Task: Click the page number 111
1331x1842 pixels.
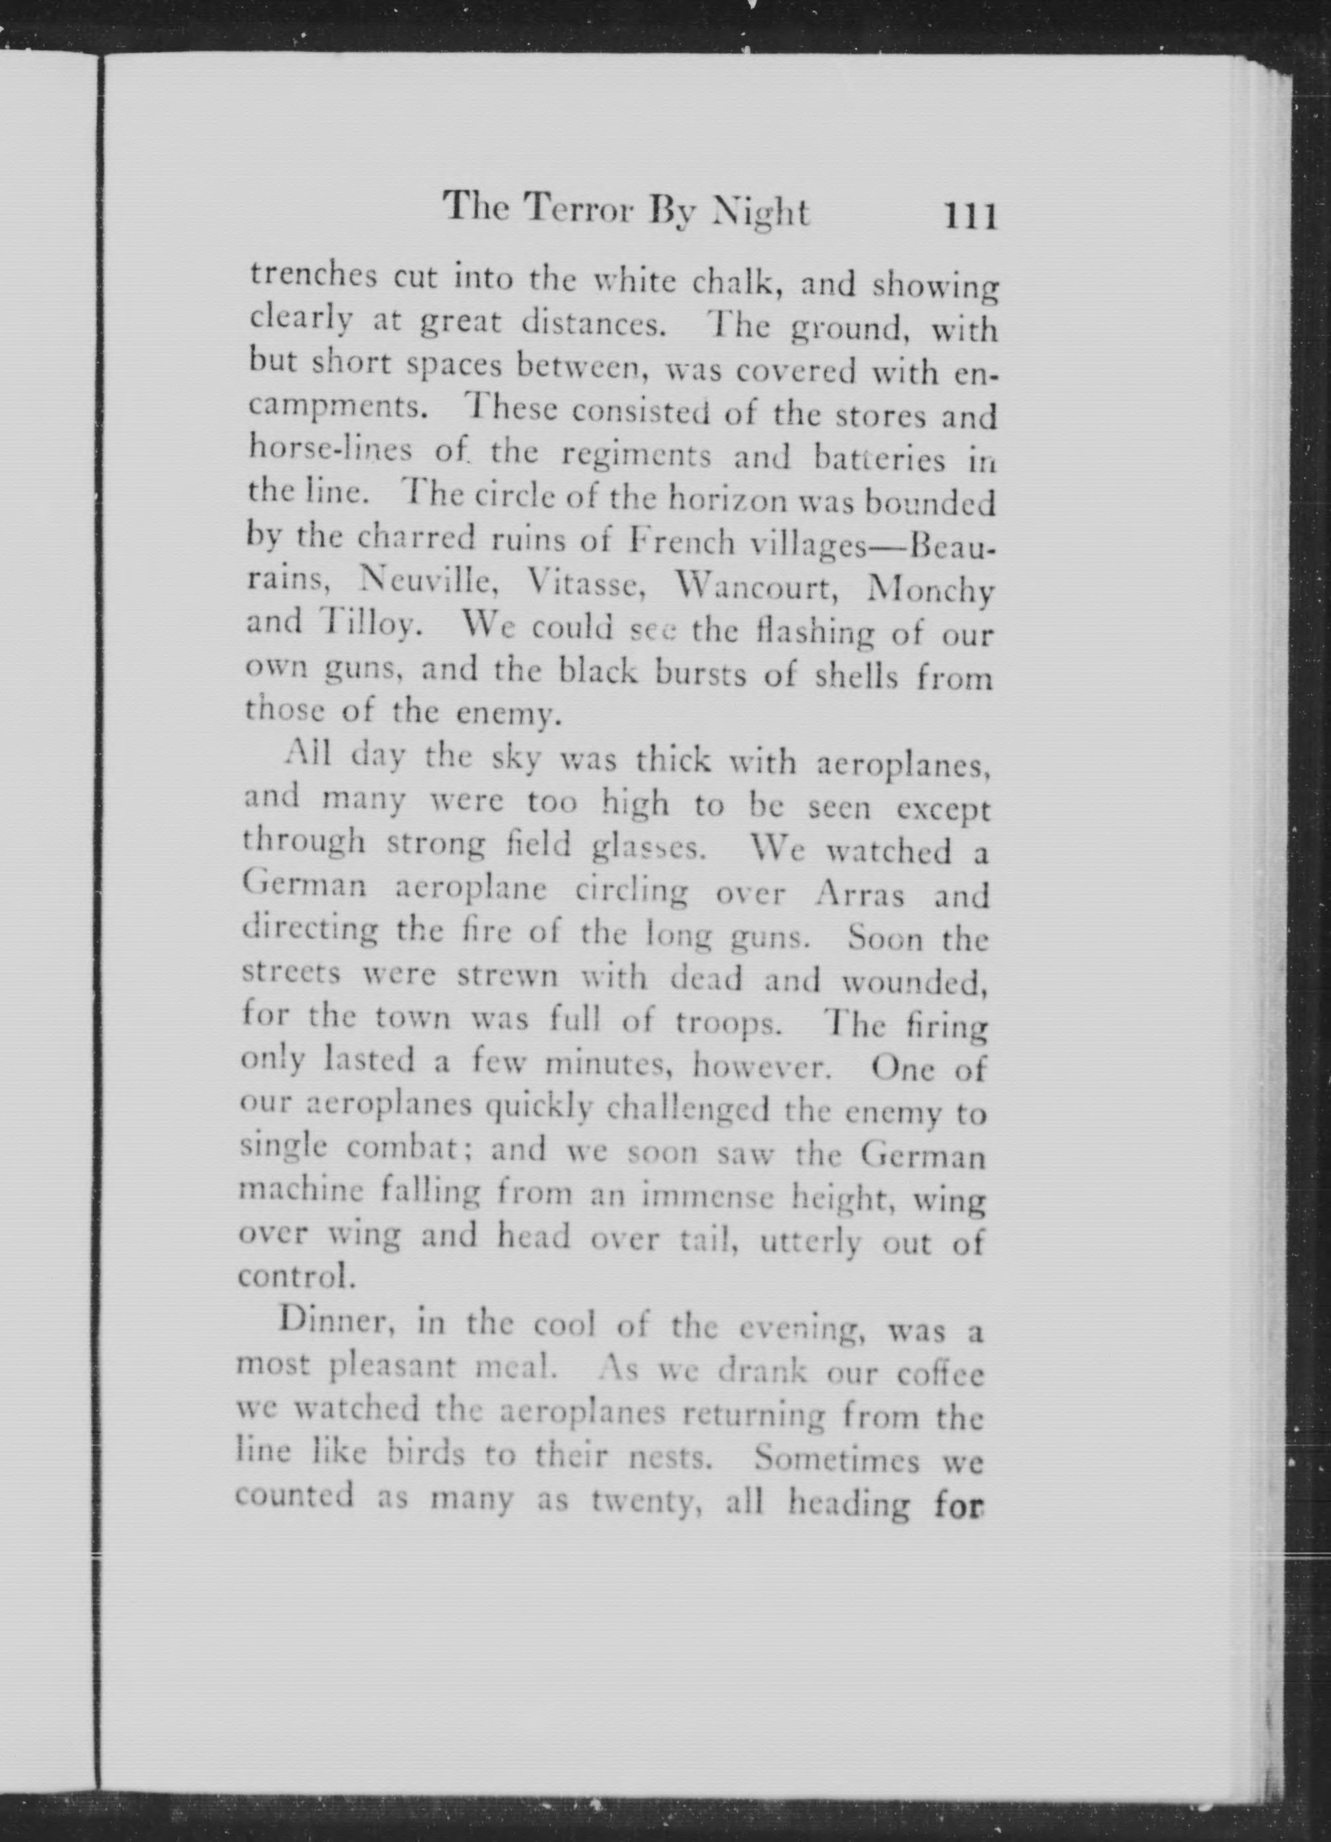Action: [x=970, y=217]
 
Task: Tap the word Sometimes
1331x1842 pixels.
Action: [x=837, y=1460]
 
